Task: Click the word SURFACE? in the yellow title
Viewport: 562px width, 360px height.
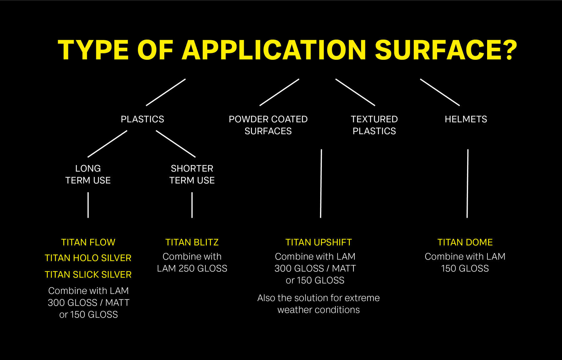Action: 446,50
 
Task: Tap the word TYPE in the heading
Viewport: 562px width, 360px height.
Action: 93,50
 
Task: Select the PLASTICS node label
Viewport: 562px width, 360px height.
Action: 142,119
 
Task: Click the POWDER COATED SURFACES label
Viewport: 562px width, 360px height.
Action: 268,125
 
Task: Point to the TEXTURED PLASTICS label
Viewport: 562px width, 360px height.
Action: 374,125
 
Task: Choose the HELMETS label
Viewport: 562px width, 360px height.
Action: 466,119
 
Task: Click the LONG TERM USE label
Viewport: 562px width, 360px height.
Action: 88,174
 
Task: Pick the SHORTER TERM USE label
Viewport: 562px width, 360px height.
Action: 192,174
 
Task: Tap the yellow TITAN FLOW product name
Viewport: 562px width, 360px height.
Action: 88,242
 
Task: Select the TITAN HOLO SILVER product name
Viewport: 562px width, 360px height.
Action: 88,258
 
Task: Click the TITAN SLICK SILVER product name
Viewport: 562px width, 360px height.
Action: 88,275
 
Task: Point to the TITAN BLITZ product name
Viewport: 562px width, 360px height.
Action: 192,242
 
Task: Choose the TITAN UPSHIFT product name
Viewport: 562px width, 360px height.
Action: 318,242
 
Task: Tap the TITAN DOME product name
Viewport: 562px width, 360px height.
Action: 465,242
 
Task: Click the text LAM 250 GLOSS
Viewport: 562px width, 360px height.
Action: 192,269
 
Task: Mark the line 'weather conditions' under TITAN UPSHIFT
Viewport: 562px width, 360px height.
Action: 318,310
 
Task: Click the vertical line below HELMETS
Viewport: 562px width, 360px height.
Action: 467,183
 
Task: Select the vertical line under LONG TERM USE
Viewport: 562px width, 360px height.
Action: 88,205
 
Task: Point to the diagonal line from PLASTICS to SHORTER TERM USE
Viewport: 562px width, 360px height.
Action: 176,144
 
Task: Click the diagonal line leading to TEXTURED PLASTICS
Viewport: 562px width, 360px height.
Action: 355,92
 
